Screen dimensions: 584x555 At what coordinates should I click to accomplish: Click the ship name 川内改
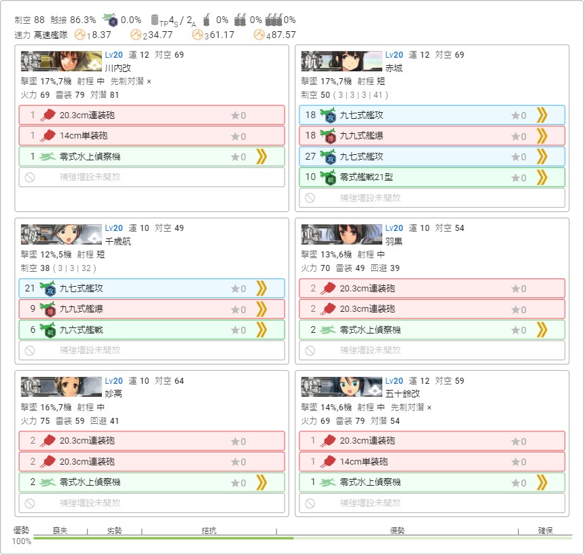point(117,68)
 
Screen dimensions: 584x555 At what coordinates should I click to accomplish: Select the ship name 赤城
point(394,68)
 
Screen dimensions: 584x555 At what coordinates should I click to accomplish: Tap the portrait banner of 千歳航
point(61,234)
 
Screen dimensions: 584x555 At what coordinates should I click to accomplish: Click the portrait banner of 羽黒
point(342,234)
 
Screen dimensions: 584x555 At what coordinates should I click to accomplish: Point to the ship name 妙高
point(113,393)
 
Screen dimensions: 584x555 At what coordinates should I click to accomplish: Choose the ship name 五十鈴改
point(402,393)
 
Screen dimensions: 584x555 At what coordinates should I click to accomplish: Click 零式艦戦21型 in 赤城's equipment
point(366,177)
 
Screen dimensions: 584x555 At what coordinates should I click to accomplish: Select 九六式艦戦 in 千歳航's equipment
point(81,329)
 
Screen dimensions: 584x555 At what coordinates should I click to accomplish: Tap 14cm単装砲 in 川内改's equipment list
point(84,136)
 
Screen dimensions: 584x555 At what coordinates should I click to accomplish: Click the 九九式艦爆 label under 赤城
point(361,136)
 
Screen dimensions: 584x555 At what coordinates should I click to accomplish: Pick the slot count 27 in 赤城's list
point(310,156)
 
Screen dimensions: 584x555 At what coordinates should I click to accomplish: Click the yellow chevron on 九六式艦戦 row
point(261,329)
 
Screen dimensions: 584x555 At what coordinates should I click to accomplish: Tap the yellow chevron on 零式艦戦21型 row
point(542,177)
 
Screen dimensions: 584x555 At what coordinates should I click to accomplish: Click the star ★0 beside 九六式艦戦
point(238,330)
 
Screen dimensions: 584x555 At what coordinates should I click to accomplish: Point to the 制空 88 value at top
point(29,20)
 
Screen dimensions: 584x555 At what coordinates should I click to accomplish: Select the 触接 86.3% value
point(73,20)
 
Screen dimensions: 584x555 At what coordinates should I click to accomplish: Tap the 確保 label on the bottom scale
point(545,531)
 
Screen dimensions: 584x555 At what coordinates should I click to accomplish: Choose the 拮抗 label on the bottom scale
point(209,531)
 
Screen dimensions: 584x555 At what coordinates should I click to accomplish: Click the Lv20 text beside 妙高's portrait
point(113,380)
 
